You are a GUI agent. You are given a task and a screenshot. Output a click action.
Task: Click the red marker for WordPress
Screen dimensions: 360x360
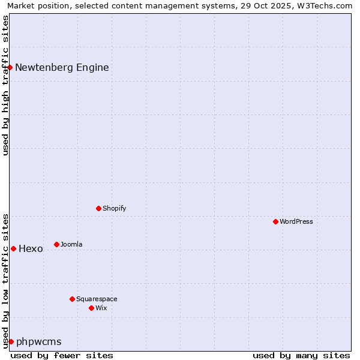(x=275, y=221)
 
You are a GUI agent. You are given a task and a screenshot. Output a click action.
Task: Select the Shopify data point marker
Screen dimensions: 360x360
(x=98, y=208)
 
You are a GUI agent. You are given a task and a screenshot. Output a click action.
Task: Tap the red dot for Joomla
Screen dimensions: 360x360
(x=56, y=244)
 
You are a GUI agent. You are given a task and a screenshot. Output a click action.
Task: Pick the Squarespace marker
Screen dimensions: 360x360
(x=72, y=299)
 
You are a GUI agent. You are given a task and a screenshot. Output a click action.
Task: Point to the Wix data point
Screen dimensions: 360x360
(x=91, y=308)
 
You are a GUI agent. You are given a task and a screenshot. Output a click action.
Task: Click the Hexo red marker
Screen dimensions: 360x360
(x=13, y=248)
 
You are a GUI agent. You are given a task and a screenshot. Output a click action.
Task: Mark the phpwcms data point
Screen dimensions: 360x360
(x=11, y=341)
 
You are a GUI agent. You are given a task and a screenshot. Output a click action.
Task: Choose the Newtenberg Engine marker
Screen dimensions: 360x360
(x=10, y=67)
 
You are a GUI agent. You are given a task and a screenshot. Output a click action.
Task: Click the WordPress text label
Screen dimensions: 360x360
(x=296, y=221)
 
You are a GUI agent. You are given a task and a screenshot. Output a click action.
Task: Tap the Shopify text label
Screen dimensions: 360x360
(x=114, y=208)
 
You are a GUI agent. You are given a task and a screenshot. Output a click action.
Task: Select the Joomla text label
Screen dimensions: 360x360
(x=71, y=244)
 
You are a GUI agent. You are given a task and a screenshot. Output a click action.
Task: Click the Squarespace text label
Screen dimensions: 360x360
(x=97, y=299)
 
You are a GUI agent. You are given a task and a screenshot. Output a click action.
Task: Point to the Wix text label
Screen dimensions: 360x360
(x=101, y=308)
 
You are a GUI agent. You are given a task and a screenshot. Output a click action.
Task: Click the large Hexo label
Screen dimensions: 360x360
(x=31, y=248)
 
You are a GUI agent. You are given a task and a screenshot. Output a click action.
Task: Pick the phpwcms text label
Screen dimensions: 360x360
(x=39, y=341)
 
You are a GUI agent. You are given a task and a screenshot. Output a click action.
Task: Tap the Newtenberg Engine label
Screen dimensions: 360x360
(x=62, y=67)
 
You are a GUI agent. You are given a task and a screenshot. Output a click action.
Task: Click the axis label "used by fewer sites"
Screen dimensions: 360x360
(x=62, y=355)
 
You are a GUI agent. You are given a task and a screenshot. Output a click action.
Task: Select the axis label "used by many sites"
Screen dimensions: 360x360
(x=301, y=355)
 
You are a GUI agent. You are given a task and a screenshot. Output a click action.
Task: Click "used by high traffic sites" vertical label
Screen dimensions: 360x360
(x=5, y=85)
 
